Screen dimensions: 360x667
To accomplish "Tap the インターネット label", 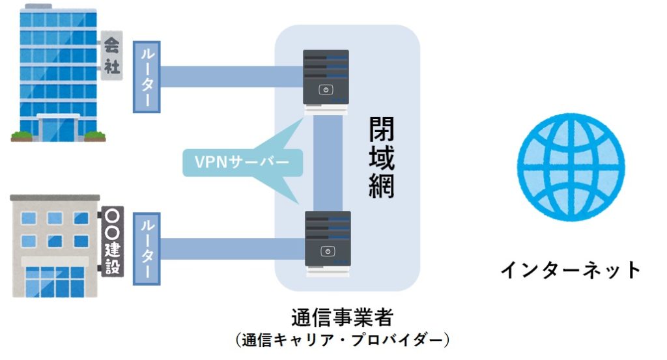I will [x=571, y=270].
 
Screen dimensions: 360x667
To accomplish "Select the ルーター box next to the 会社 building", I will [x=147, y=76].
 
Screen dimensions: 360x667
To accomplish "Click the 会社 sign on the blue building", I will [x=109, y=55].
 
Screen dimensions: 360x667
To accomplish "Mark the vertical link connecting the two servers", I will [x=328, y=163].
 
